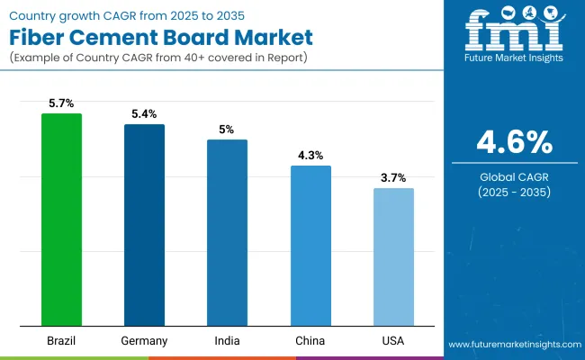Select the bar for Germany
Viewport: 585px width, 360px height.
coord(144,224)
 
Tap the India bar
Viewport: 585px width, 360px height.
coord(227,232)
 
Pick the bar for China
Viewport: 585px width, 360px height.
coord(310,245)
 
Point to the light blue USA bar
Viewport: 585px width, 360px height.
coord(393,256)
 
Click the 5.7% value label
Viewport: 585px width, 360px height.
coord(61,103)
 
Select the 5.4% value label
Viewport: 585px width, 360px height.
coord(144,114)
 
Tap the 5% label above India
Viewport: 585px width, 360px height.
coord(227,130)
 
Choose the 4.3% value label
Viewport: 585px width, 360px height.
coord(310,156)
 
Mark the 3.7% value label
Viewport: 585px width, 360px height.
coord(393,178)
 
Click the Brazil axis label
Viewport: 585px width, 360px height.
coord(61,341)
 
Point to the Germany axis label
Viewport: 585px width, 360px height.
coord(144,341)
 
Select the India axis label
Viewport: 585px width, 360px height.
coord(227,341)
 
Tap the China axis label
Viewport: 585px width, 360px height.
coord(310,341)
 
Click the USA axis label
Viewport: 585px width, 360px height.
coord(393,341)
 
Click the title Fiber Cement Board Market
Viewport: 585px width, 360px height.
coord(161,39)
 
